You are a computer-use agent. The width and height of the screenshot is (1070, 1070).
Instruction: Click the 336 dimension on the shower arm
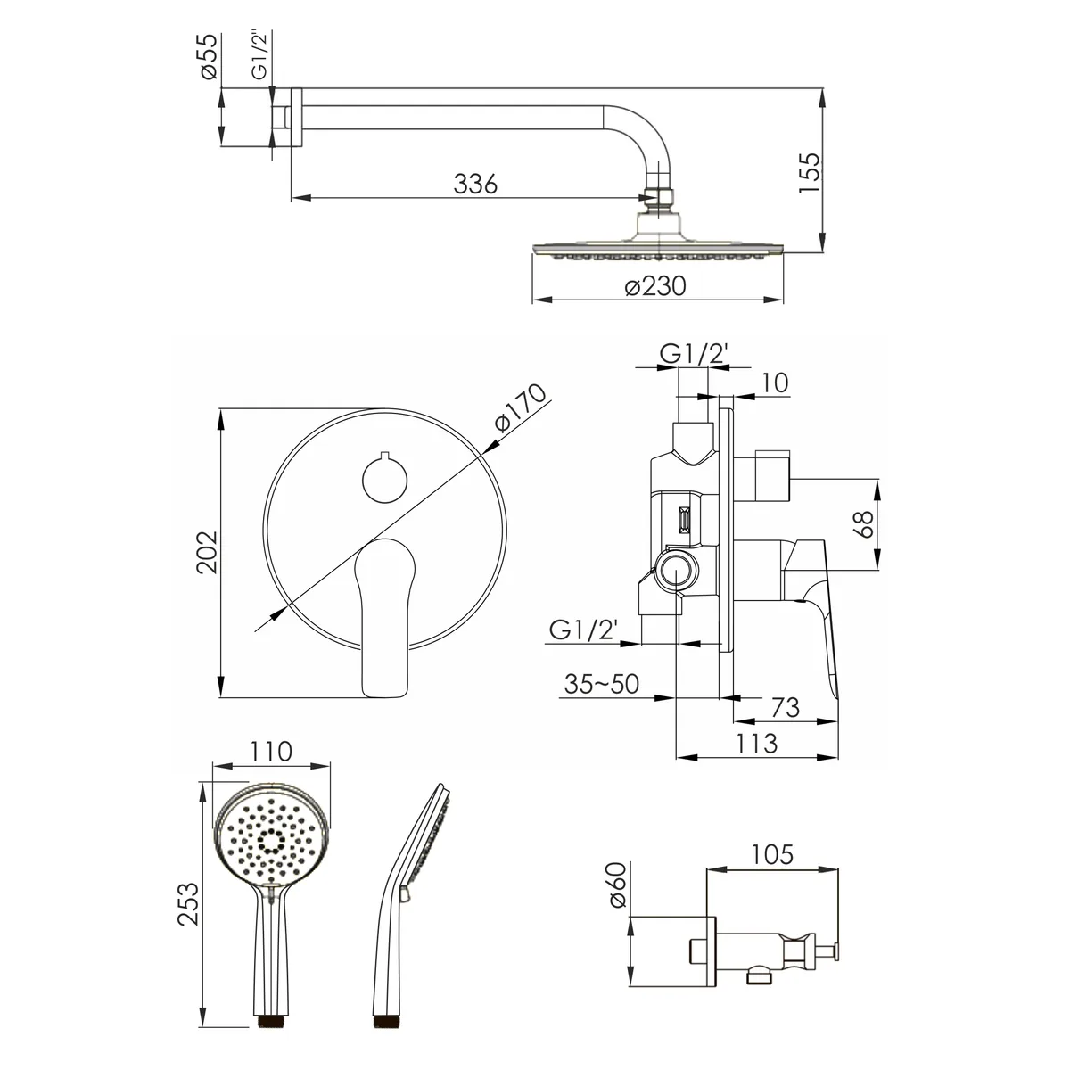[x=475, y=184]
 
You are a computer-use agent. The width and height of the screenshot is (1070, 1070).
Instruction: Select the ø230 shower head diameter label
[x=655, y=286]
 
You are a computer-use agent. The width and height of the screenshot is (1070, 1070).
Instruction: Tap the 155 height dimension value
[x=810, y=173]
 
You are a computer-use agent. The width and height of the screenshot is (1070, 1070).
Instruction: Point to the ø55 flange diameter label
[x=210, y=57]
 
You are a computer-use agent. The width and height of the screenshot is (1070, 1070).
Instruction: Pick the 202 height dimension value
[x=208, y=552]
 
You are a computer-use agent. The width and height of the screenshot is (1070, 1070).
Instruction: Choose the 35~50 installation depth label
[x=602, y=684]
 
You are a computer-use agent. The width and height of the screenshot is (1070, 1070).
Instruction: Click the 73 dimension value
[x=785, y=707]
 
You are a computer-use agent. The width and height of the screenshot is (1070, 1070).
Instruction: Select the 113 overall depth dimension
[x=755, y=744]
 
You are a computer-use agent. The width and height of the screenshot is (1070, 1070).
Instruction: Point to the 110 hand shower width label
[x=270, y=752]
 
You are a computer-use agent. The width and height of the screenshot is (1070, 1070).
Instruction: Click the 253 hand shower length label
[x=188, y=903]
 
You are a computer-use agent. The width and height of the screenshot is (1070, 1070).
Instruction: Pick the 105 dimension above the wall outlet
[x=772, y=854]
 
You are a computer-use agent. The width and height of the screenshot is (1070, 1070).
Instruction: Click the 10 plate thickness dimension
[x=775, y=383]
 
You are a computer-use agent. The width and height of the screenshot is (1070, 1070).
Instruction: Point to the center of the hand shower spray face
[x=272, y=839]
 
